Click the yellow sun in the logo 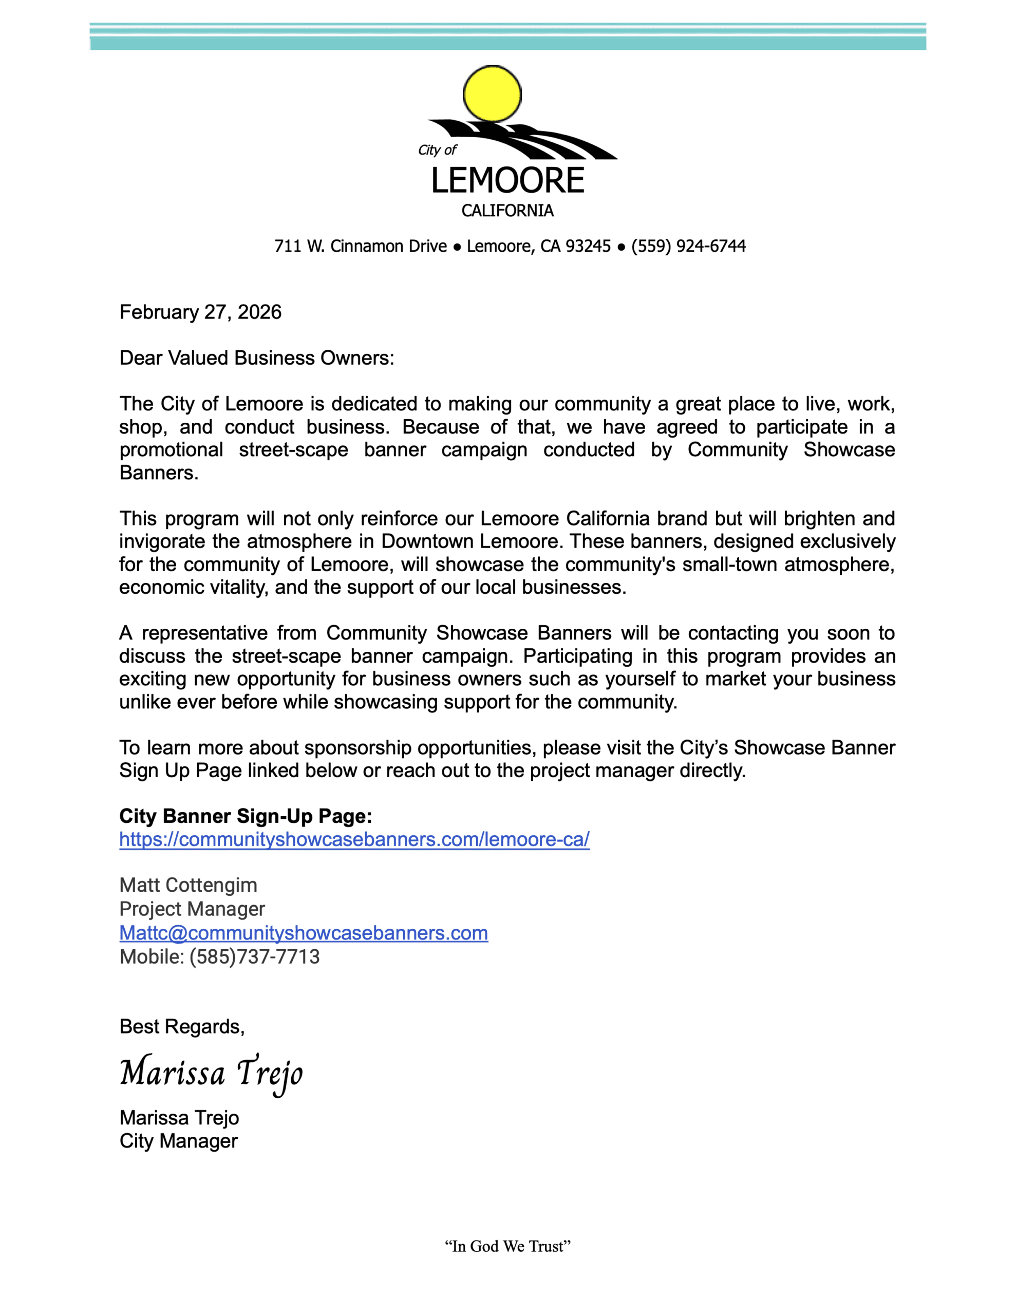(x=492, y=94)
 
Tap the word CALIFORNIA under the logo (x=507, y=211)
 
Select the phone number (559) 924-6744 (x=688, y=246)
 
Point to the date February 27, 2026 (x=200, y=312)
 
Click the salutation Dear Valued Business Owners (x=256, y=358)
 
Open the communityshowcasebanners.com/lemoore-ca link (x=354, y=839)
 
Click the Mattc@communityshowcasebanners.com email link (x=304, y=933)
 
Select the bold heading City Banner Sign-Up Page (x=246, y=816)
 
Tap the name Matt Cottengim (x=188, y=885)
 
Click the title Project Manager (x=192, y=909)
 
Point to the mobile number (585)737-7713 (x=254, y=957)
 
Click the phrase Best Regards (x=182, y=1027)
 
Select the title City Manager (x=178, y=1141)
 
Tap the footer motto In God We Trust (x=507, y=1246)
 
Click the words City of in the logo (x=437, y=150)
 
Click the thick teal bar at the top (x=507, y=43)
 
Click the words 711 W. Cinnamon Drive (x=360, y=246)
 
